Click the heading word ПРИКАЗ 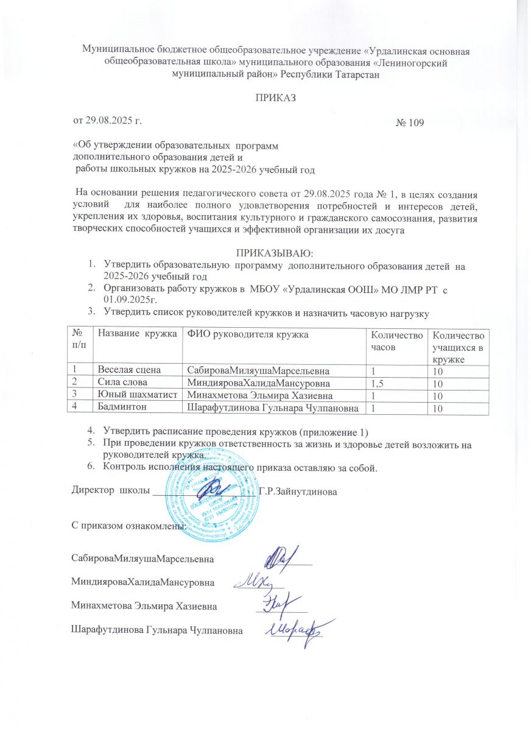pos(265,97)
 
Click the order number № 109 pos(410,122)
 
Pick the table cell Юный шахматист pos(135,395)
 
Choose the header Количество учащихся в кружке pos(458,347)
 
